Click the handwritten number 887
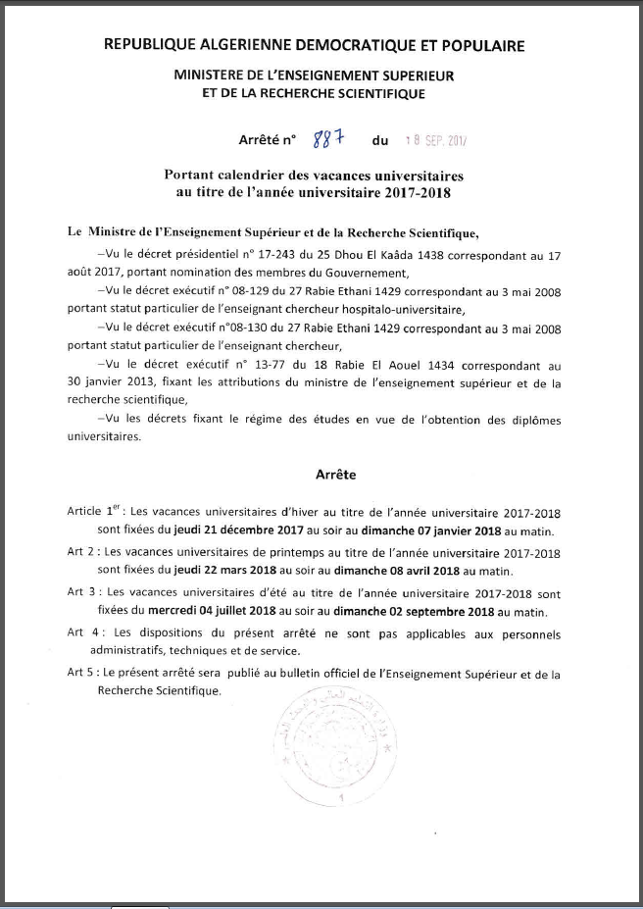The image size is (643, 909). (325, 141)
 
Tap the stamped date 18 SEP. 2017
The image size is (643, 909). (437, 141)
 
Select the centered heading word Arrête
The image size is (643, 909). (335, 475)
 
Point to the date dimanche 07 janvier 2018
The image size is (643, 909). (438, 531)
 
